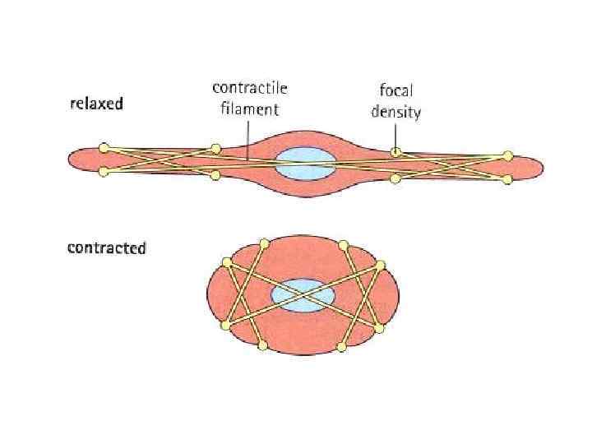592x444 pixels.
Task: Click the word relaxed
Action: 95,104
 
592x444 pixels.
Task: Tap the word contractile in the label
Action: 250,88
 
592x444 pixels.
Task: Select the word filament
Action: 250,109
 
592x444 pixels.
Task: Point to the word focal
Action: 395,91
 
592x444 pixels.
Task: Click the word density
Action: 395,112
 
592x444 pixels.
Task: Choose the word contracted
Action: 106,247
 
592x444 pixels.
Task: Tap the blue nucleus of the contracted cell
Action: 303,297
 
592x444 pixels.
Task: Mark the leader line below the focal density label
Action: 395,134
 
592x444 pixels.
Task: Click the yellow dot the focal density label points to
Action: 395,152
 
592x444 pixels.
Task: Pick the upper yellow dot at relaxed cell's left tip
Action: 104,148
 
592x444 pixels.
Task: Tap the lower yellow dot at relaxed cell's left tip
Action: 104,171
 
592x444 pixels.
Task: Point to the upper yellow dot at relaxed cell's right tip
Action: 507,155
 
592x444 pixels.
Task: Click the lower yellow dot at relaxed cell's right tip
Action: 507,178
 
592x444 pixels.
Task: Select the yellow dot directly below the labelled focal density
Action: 395,178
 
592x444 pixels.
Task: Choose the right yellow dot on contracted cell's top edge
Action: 343,243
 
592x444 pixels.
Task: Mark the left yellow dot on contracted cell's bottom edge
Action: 263,346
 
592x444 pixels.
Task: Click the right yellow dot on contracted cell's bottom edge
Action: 342,347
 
